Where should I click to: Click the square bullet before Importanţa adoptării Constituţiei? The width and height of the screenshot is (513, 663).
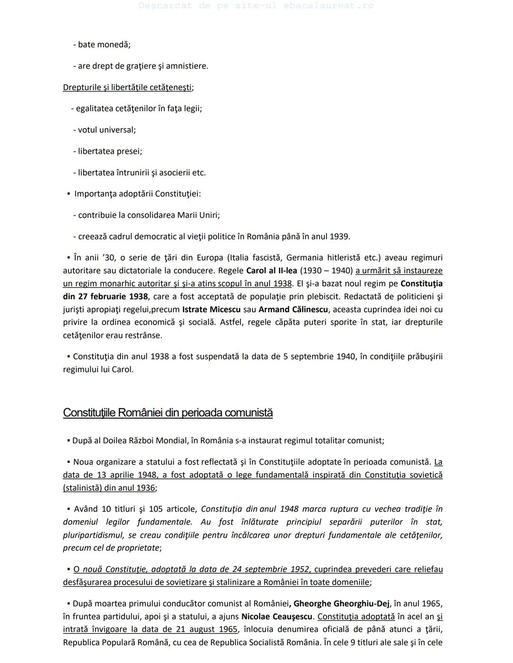(69, 194)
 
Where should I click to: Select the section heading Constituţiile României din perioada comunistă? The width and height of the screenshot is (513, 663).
(168, 413)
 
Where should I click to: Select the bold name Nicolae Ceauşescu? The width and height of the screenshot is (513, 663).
(277, 616)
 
